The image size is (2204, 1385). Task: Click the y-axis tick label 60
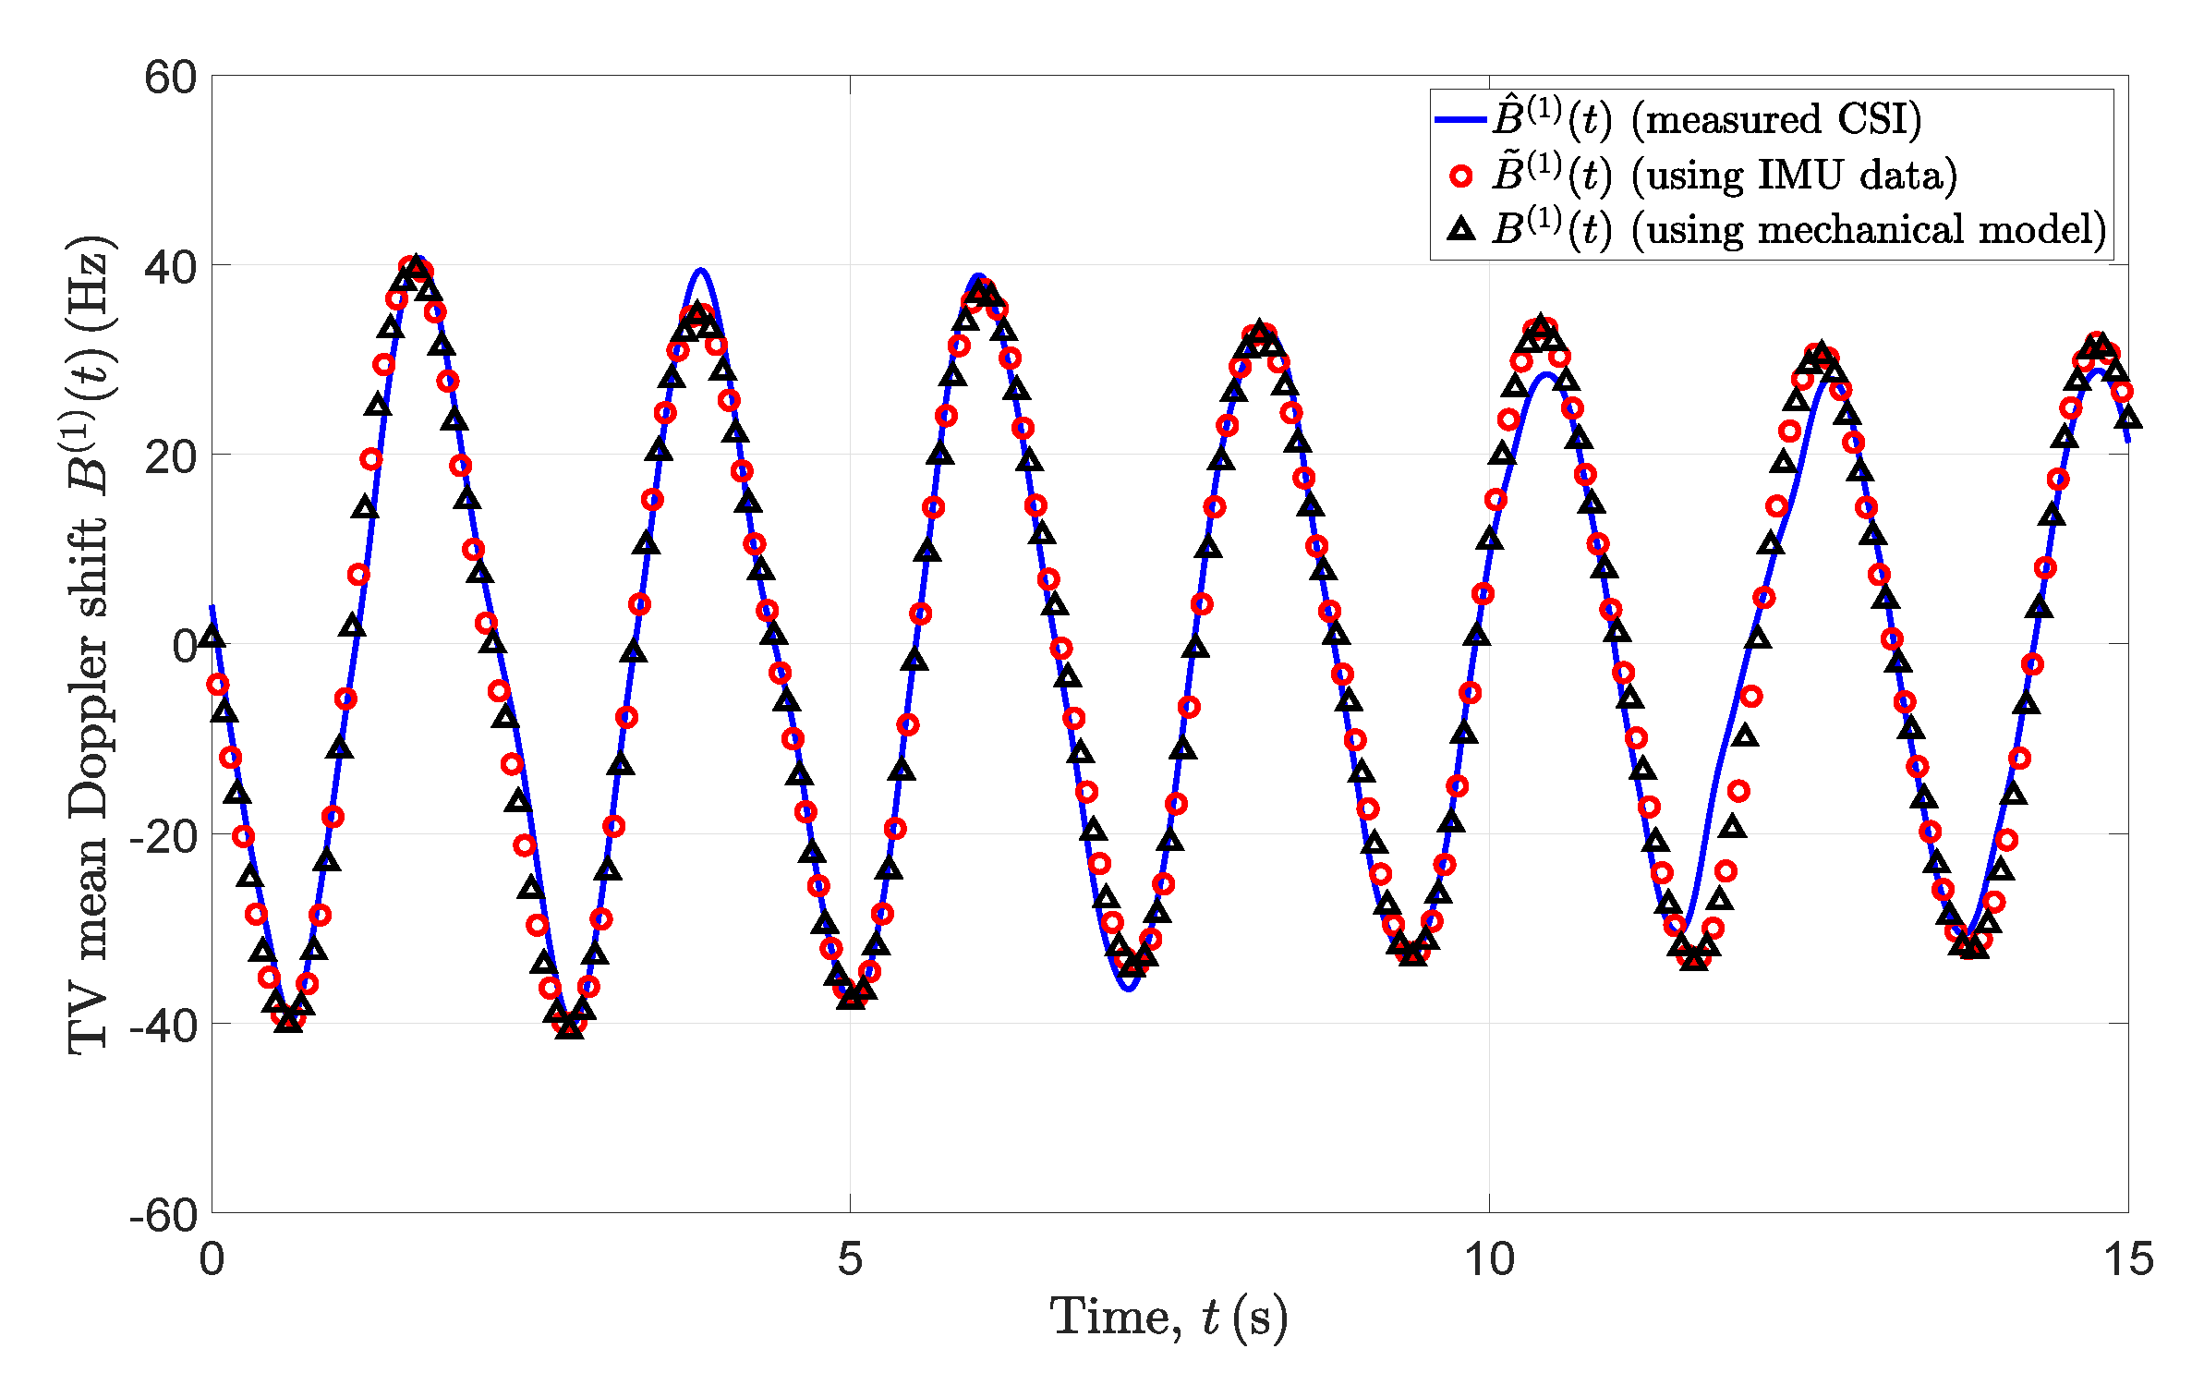171,78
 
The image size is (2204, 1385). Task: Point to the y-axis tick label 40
171,268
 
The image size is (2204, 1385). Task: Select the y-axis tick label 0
185,646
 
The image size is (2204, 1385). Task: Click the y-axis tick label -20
163,836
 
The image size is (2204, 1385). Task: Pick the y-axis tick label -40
163,1026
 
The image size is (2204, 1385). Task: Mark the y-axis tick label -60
163,1215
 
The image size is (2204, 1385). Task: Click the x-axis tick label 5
850,1258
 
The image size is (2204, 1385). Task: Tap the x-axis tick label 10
1489,1258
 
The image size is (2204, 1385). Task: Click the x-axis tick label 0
212,1258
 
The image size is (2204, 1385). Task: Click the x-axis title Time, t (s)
1169,1318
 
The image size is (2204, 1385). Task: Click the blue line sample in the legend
1460,119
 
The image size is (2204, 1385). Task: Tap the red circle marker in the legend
1460,176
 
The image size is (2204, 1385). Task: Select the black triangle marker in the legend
1460,228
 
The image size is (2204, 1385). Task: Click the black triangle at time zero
212,636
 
